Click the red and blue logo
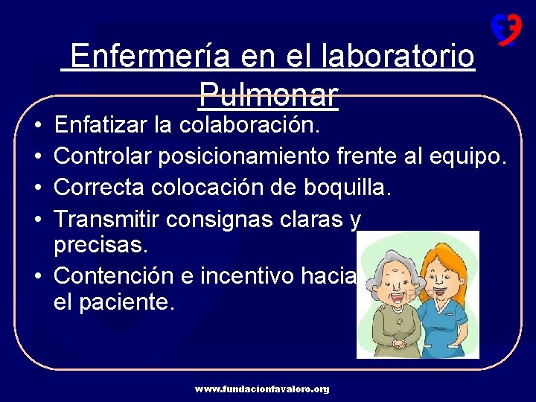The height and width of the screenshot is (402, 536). coord(505,30)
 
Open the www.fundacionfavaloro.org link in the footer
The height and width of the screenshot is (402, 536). coord(262,389)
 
